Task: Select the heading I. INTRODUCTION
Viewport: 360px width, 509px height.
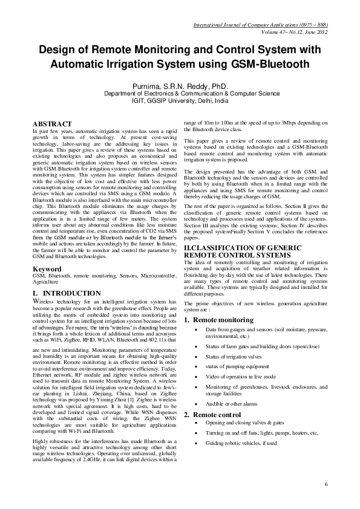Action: pyautogui.click(x=65, y=291)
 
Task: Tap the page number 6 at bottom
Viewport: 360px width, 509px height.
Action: pyautogui.click(x=326, y=484)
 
